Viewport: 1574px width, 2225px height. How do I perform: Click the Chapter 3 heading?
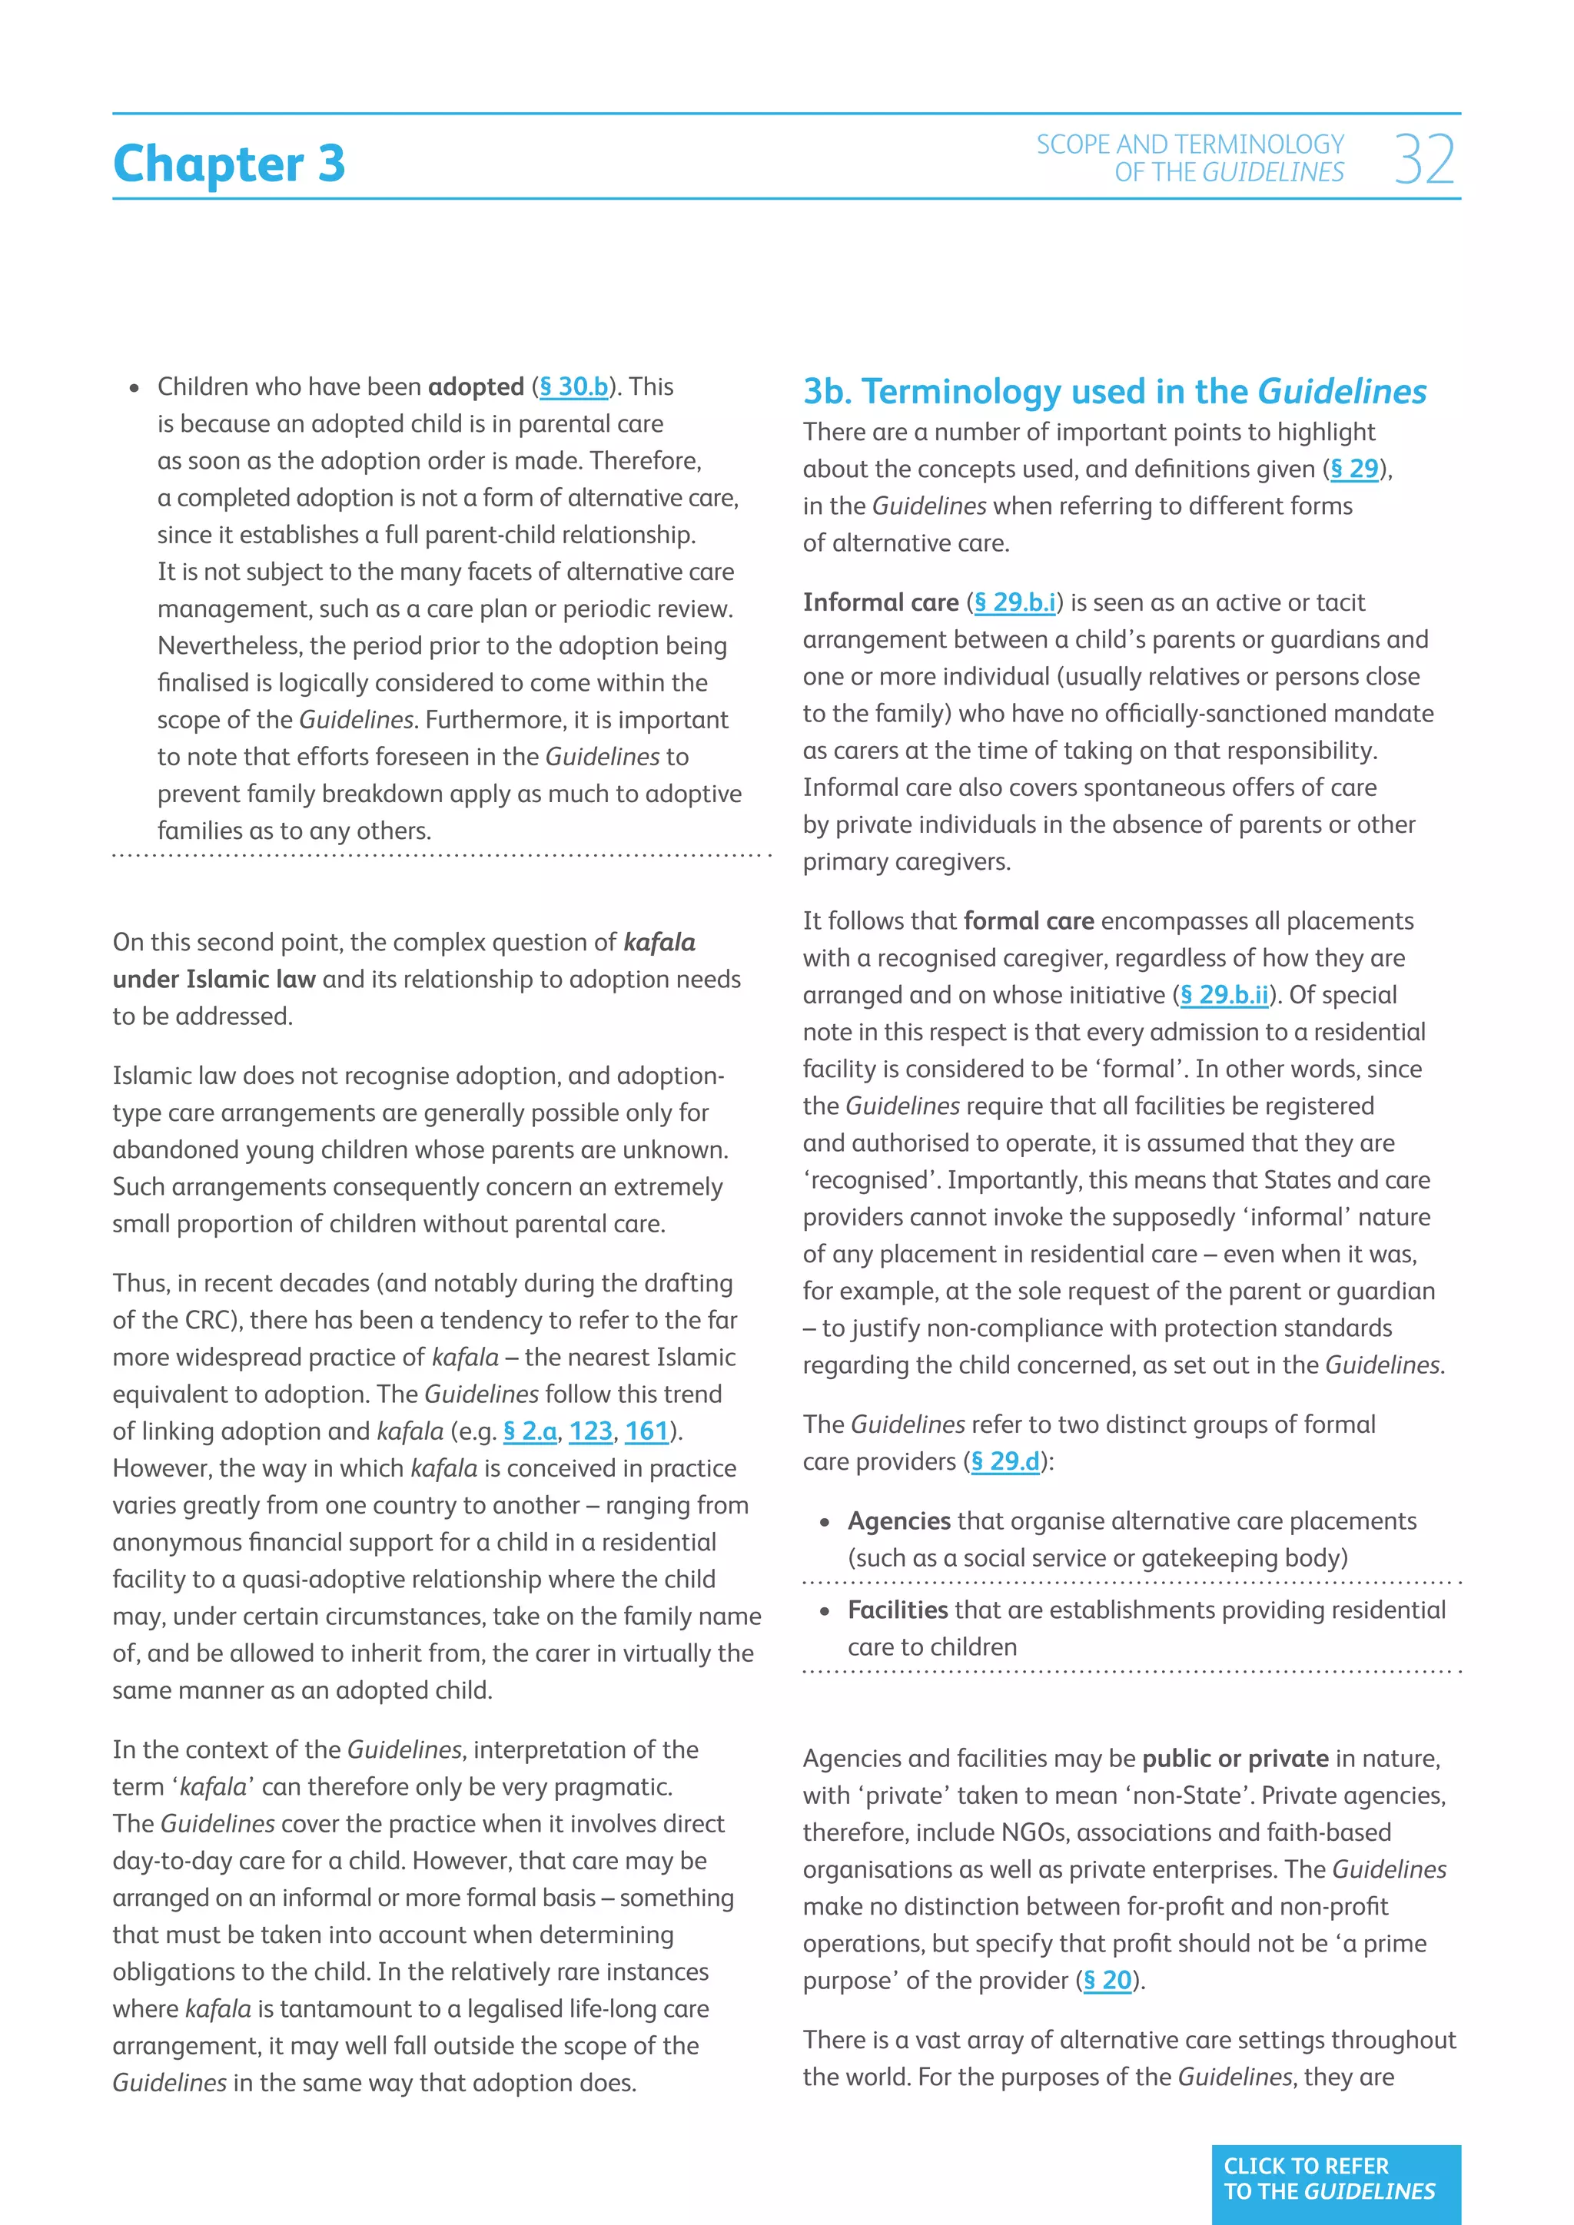229,163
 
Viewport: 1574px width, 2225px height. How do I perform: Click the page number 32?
1424,160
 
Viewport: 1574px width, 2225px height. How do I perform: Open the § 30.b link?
574,386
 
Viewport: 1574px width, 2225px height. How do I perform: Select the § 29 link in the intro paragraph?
1354,469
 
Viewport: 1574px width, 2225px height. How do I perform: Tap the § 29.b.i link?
1014,603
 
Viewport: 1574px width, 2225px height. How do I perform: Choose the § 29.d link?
1005,1461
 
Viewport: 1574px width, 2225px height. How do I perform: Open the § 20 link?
1107,1981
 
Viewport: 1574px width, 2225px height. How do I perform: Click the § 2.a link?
530,1431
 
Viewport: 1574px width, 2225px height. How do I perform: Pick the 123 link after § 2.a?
591,1431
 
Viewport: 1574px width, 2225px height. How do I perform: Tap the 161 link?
647,1431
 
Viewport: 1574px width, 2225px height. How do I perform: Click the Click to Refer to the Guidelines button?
1336,2178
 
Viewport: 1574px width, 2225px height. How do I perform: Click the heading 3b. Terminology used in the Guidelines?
1114,392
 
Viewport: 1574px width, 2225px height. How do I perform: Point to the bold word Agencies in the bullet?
898,1521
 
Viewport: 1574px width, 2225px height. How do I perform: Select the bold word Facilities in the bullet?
898,1610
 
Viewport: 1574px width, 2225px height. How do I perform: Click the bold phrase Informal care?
880,603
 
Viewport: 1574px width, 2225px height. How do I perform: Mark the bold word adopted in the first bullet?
476,386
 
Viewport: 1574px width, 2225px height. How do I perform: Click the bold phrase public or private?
1235,1759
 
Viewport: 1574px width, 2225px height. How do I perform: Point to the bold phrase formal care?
1028,922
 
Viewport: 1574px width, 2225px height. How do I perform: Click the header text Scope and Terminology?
1190,144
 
